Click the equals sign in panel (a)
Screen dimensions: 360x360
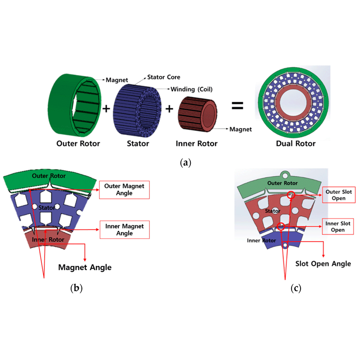coord(238,106)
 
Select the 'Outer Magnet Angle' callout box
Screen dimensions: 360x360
coord(125,189)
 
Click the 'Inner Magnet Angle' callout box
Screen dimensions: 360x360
coord(125,229)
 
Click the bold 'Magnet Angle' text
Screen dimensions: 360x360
coord(85,267)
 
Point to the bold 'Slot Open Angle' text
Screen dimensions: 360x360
coord(323,263)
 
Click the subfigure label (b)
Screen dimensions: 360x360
coord(76,288)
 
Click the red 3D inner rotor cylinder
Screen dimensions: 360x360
coord(198,112)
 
